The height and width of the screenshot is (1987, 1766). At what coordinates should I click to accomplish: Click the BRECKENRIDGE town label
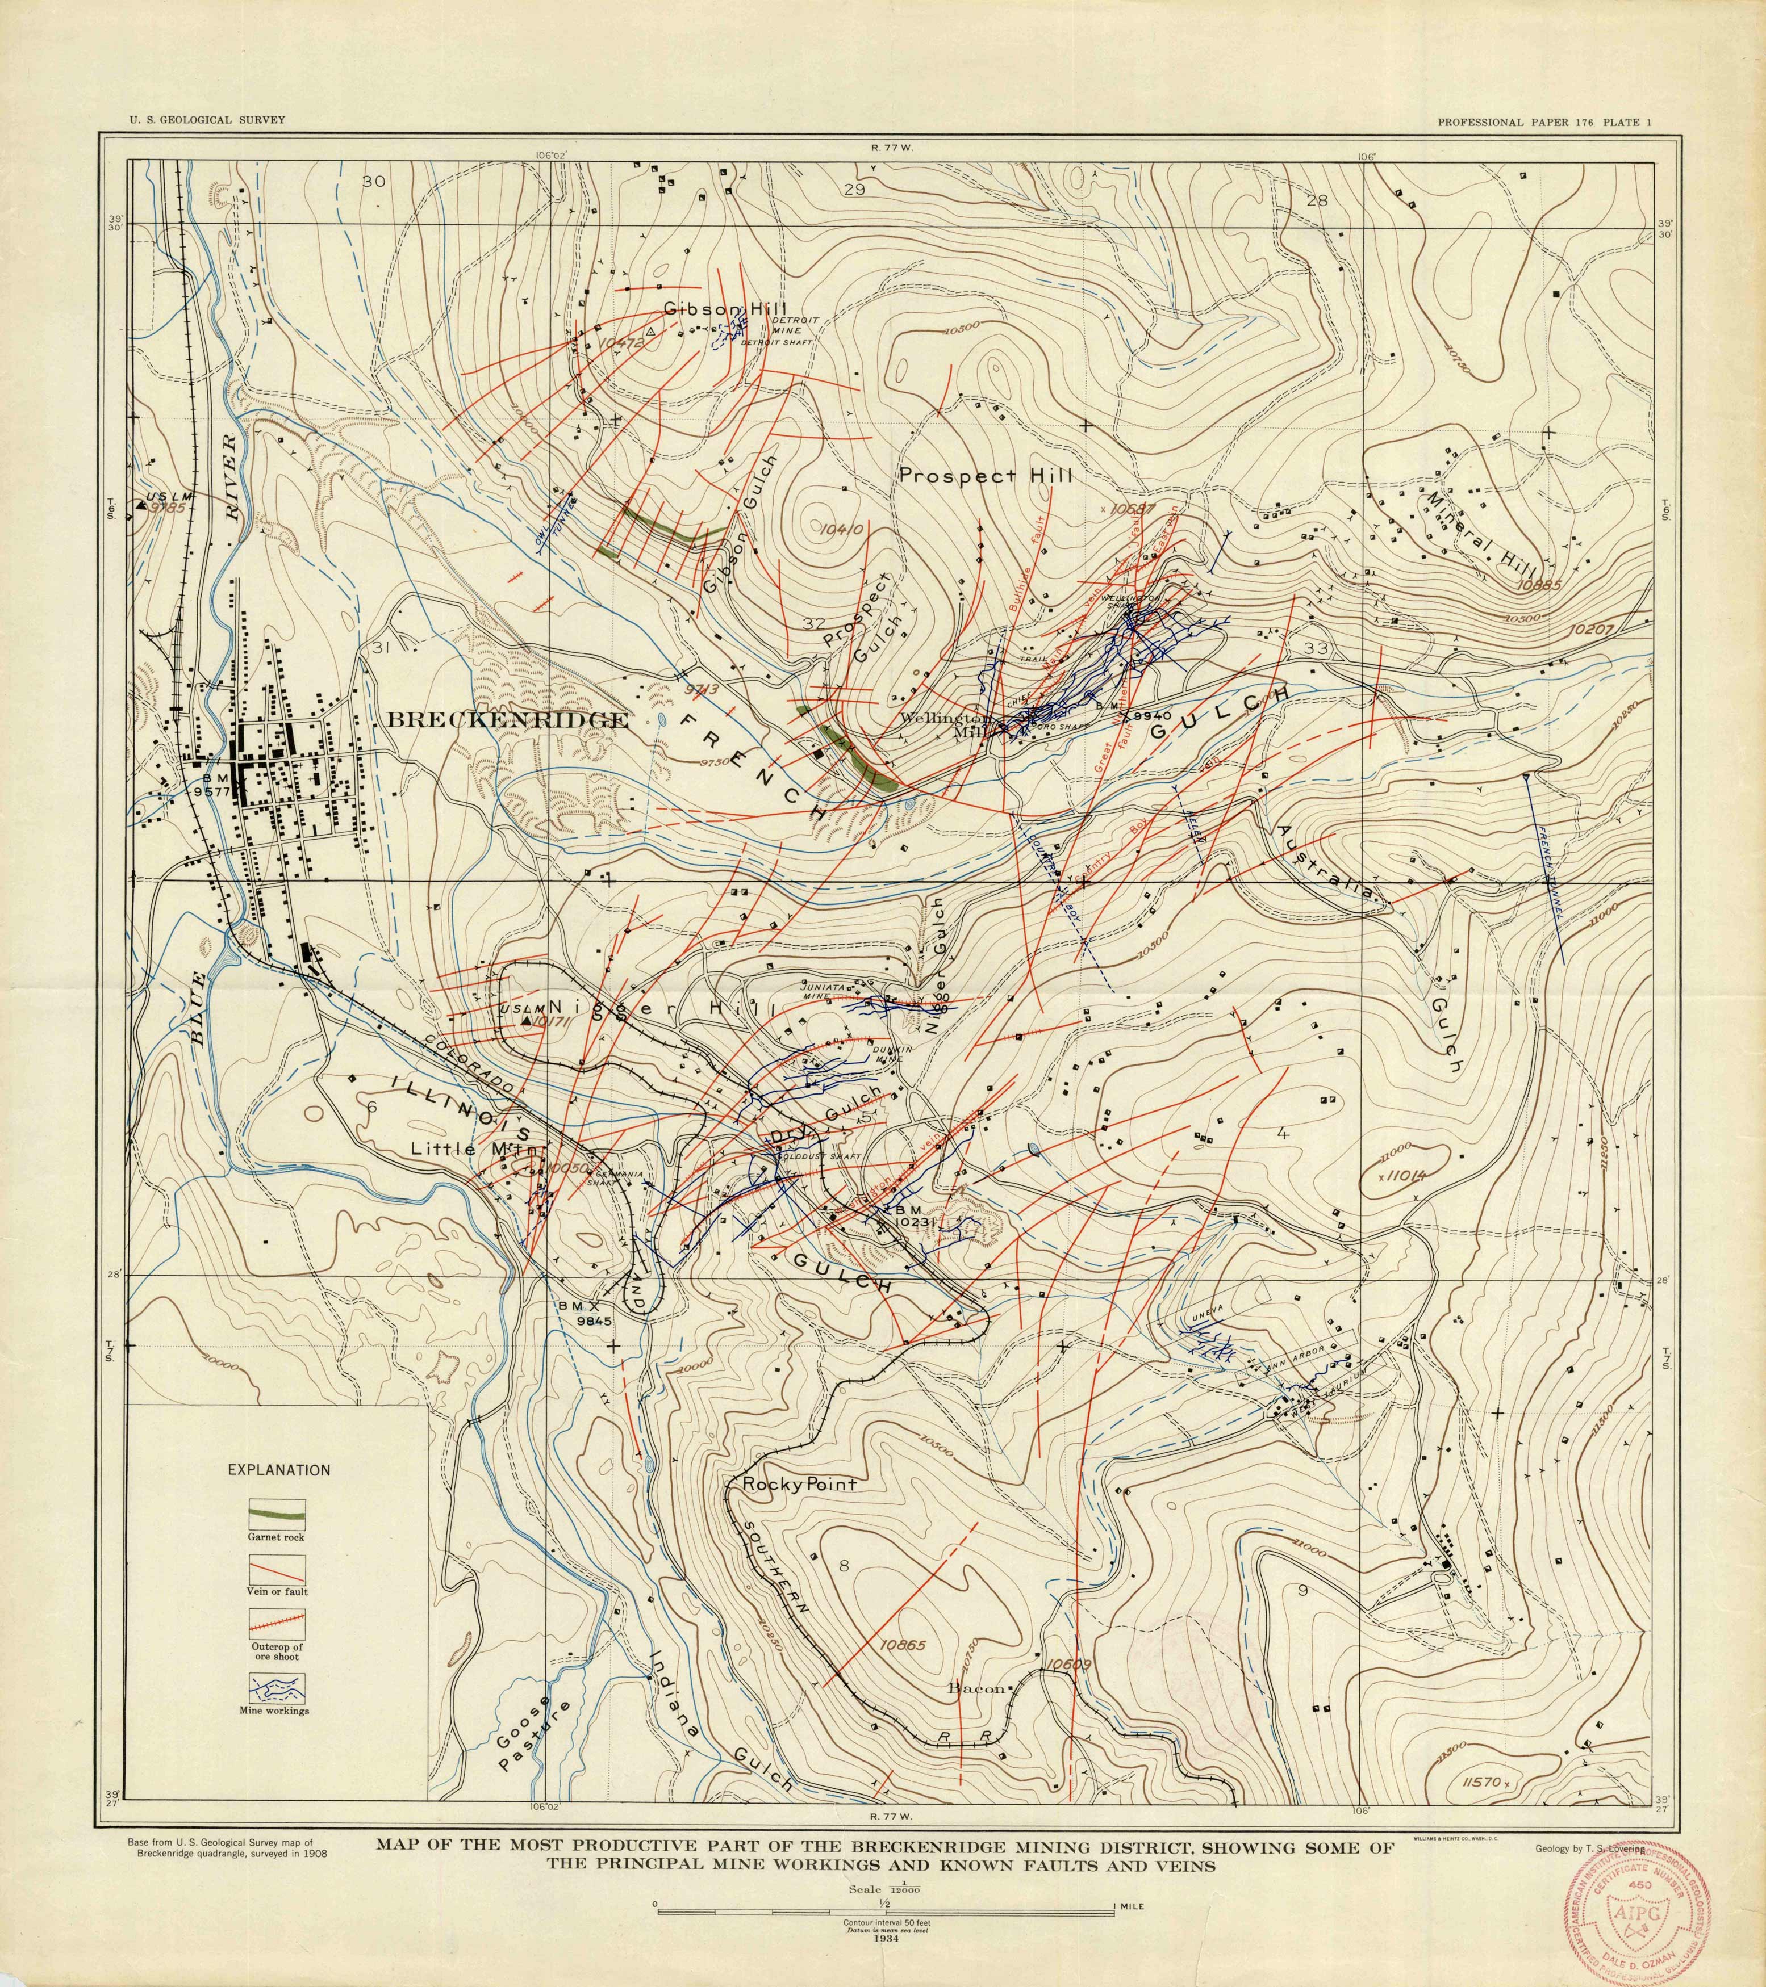[508, 720]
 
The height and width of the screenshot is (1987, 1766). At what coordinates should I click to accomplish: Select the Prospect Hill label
[985, 476]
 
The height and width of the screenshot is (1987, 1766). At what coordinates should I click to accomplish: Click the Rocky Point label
[799, 1485]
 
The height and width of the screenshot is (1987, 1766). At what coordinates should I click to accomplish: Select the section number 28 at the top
[1318, 201]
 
